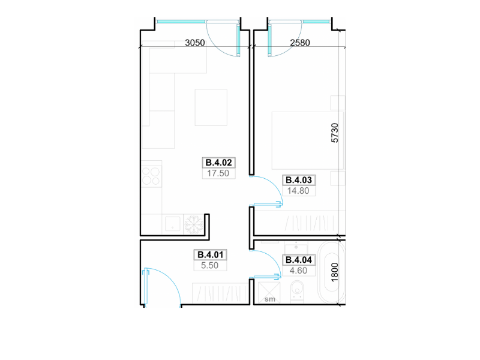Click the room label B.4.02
(218, 163)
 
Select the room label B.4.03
(298, 180)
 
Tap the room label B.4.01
(211, 254)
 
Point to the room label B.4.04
(298, 260)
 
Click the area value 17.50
(218, 173)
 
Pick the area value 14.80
(298, 191)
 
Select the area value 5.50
(209, 265)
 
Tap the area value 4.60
(298, 271)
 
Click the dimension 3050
(195, 43)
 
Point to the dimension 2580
(300, 43)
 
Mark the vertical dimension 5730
(335, 133)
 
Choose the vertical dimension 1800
(335, 272)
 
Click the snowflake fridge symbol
(194, 224)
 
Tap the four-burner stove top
(151, 176)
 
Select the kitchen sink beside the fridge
(173, 224)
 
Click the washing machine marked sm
(269, 293)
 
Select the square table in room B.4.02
(211, 107)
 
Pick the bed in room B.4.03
(307, 140)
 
